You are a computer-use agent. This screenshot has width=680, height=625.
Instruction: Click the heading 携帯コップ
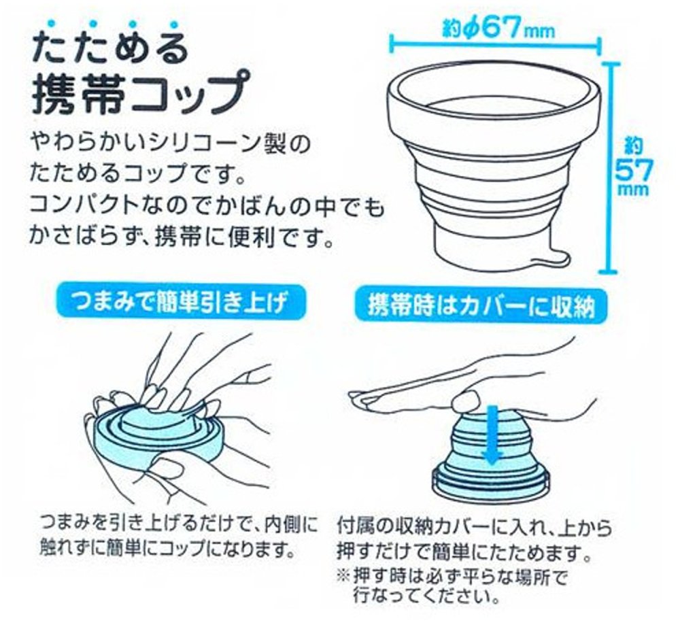tap(142, 94)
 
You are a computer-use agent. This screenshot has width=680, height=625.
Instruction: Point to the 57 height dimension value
tap(633, 172)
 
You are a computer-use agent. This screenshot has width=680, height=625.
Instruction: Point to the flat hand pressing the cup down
tap(469, 382)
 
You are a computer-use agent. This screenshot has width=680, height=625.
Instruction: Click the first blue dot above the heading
tap(52, 23)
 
